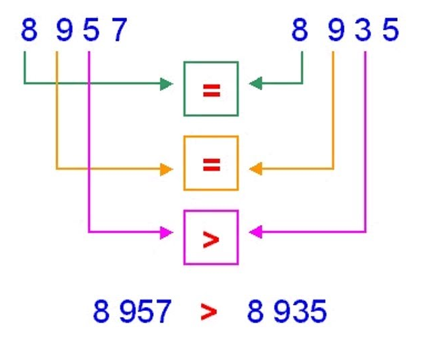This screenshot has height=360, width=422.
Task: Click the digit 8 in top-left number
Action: pos(28,31)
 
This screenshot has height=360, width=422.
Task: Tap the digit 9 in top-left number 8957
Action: pos(63,31)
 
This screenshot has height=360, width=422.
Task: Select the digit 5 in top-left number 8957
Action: pos(91,31)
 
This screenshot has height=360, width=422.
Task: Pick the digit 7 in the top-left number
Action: pos(118,31)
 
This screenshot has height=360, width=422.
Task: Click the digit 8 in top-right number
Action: pos(300,31)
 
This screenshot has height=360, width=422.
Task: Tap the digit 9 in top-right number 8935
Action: pos(336,31)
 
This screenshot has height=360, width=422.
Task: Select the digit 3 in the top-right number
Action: pos(364,31)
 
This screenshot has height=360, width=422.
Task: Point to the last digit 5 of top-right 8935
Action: pos(390,31)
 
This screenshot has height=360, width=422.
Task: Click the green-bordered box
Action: pos(211,89)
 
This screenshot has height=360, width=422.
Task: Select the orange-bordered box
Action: pos(211,163)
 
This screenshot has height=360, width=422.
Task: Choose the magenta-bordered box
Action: pos(211,237)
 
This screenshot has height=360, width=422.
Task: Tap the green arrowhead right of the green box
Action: pos(255,84)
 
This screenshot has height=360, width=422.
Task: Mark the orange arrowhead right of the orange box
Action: pos(255,169)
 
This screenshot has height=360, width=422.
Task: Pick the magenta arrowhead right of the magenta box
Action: pos(255,233)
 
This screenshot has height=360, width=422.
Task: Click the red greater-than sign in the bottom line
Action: pos(209,313)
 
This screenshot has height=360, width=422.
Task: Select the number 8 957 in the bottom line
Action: pos(132,312)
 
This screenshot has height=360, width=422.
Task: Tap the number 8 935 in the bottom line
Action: pos(287,312)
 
